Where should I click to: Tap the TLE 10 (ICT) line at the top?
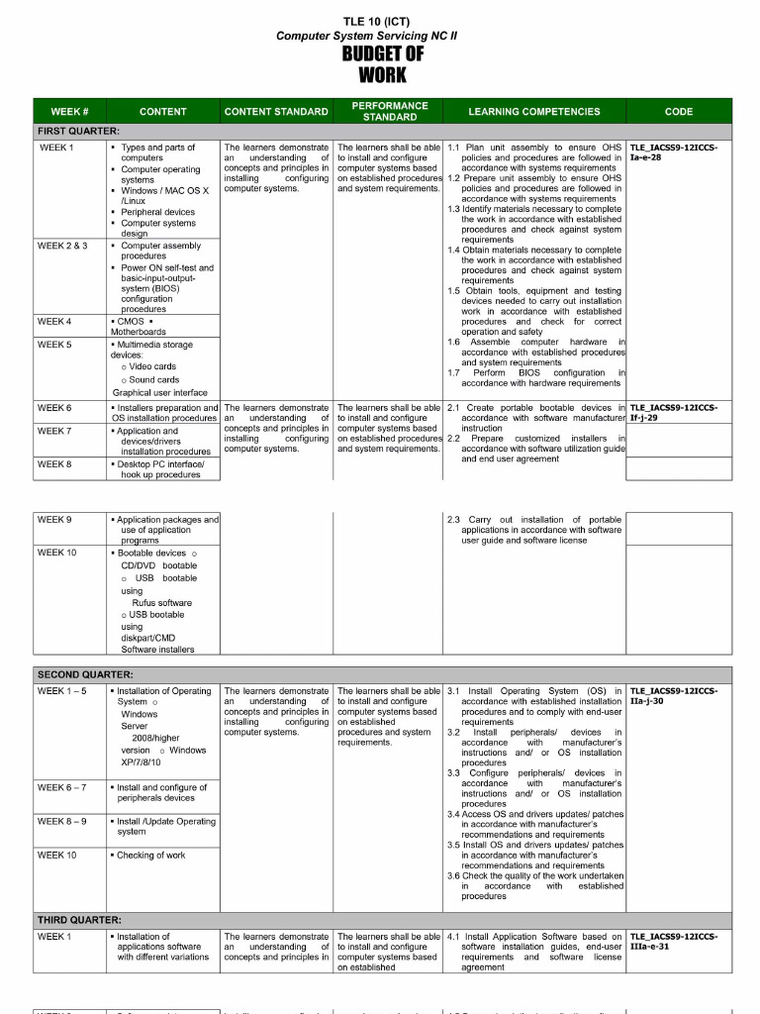(376, 22)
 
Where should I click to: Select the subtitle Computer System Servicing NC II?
(367, 36)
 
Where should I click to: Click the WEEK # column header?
(70, 112)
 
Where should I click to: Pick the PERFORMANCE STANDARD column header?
(390, 111)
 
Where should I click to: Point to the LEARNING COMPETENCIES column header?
(534, 112)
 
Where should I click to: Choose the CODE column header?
(679, 112)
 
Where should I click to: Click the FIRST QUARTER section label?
(78, 131)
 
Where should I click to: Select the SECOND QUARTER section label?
(85, 674)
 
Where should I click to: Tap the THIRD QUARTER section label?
(79, 920)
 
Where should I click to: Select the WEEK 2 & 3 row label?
(63, 246)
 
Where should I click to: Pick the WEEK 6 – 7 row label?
(61, 787)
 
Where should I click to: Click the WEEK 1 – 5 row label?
(61, 691)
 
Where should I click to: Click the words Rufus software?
(162, 602)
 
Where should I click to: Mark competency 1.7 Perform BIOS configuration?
(534, 377)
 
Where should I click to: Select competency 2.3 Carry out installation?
(534, 530)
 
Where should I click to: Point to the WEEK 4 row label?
(54, 322)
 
